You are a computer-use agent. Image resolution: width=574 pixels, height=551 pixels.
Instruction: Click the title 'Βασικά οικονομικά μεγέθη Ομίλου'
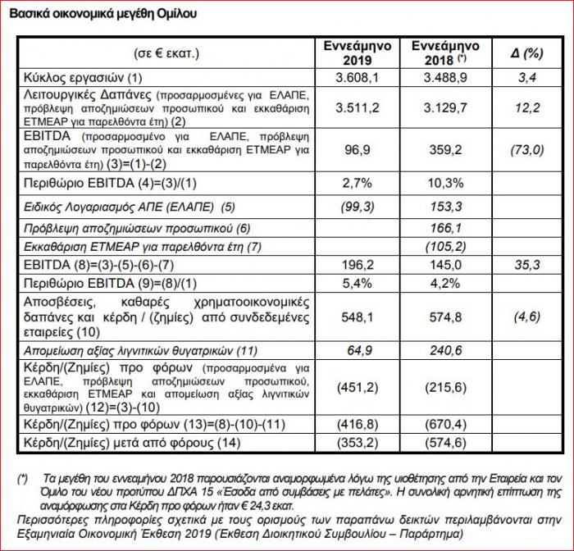(102, 14)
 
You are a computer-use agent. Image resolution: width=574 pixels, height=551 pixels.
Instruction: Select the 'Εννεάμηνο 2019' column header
(358, 53)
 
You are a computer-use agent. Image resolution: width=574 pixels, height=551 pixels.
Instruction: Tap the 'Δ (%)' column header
(526, 54)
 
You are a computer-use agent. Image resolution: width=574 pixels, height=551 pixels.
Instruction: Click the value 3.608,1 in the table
(358, 78)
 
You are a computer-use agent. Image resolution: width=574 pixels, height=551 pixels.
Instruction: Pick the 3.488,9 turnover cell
(445, 78)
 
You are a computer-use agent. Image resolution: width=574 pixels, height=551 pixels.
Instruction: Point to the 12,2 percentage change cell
(526, 108)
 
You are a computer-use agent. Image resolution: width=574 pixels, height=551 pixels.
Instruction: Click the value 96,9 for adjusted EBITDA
(358, 150)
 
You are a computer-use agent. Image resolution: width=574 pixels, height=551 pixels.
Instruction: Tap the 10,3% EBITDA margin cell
(445, 183)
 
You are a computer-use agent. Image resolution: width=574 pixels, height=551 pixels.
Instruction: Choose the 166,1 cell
(445, 229)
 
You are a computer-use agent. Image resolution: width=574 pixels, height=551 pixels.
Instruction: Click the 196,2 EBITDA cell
(358, 265)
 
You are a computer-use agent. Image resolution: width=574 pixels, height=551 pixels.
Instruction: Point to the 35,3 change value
(526, 265)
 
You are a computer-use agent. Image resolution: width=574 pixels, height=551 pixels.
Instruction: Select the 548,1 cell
(358, 317)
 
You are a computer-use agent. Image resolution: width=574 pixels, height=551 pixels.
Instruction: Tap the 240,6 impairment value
(445, 351)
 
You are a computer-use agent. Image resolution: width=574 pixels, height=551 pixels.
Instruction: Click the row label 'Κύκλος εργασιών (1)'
(83, 78)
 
